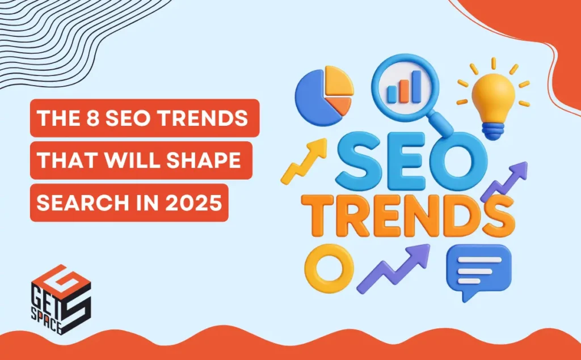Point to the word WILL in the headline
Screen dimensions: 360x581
point(135,160)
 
